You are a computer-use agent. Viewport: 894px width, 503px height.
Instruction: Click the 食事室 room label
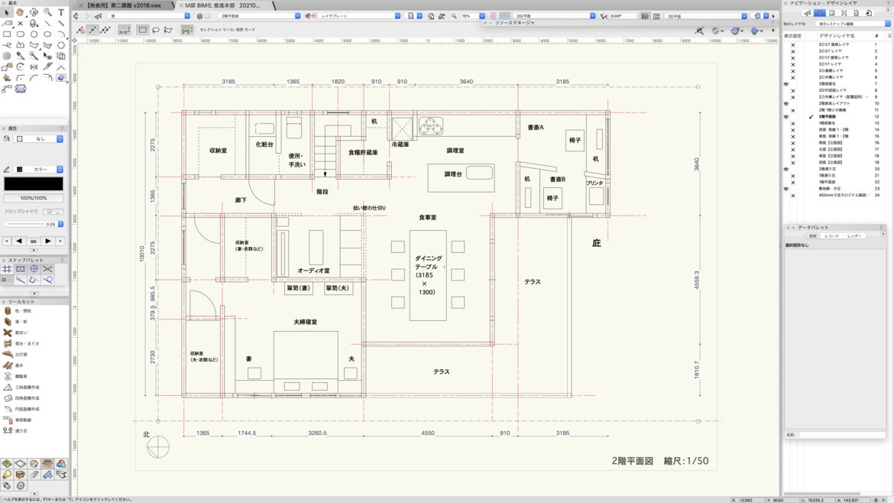427,218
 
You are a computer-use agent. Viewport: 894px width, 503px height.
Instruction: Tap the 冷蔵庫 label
400,144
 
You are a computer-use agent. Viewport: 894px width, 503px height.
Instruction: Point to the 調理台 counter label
453,174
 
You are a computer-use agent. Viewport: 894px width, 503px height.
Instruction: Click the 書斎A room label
536,128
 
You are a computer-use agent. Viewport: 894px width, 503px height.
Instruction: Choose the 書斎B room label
558,180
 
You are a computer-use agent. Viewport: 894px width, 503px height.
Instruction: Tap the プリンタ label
594,183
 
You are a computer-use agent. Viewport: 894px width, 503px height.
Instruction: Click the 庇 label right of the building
596,243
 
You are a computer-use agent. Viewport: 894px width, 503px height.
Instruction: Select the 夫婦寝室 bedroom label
305,323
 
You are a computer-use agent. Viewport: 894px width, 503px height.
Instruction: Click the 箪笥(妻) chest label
298,289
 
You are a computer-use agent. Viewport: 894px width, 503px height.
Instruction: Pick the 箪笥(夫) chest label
337,289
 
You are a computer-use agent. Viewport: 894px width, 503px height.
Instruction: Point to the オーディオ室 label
313,271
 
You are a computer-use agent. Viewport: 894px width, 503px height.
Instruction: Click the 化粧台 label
264,144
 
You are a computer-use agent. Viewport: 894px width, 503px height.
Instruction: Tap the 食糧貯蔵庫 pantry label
363,153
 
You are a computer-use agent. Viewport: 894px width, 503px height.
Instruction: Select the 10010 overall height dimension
142,254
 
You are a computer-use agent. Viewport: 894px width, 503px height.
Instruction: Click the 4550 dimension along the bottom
428,433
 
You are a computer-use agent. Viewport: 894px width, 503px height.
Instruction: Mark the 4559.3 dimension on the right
696,279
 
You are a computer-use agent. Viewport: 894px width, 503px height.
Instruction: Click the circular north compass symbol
158,446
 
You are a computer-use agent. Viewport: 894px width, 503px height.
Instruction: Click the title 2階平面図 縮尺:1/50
659,461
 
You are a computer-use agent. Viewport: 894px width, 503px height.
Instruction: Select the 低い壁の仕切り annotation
369,208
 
